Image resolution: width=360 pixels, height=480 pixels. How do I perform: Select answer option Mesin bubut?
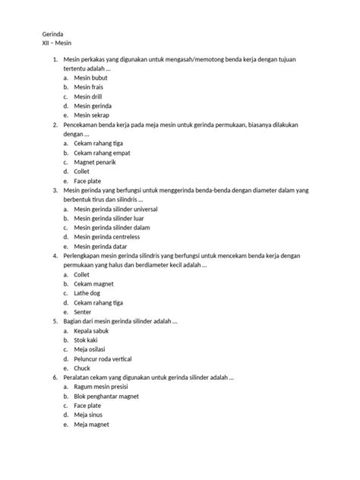coord(91,77)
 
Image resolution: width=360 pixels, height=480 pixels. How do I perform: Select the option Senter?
coord(83,311)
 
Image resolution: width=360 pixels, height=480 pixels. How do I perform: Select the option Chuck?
coord(83,368)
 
